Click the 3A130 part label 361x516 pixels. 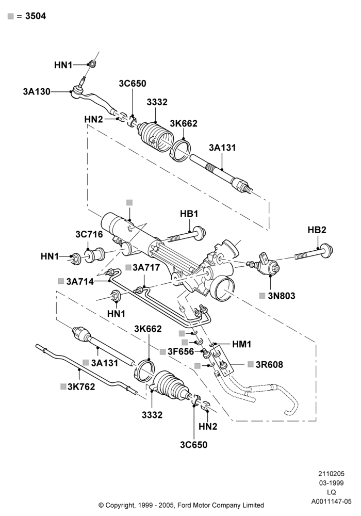(37, 91)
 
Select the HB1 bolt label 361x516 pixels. (189, 214)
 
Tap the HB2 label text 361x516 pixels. (317, 230)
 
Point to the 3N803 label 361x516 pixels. (282, 296)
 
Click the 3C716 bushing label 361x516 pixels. (89, 234)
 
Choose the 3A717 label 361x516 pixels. (146, 267)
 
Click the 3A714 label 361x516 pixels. (80, 281)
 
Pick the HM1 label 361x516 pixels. (242, 344)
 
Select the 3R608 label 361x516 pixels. (269, 365)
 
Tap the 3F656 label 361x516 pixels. (181, 351)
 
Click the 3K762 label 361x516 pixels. (81, 386)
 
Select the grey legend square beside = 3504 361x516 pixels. (11, 16)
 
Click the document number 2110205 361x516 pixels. (331, 474)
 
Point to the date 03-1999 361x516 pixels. (331, 483)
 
